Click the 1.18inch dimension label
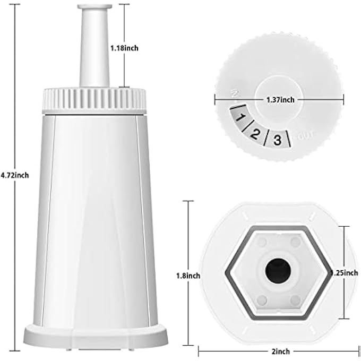(x=124, y=48)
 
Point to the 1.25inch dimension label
(x=345, y=272)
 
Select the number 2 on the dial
(x=255, y=134)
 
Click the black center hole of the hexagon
(x=277, y=268)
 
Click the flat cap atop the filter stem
(x=94, y=7)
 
